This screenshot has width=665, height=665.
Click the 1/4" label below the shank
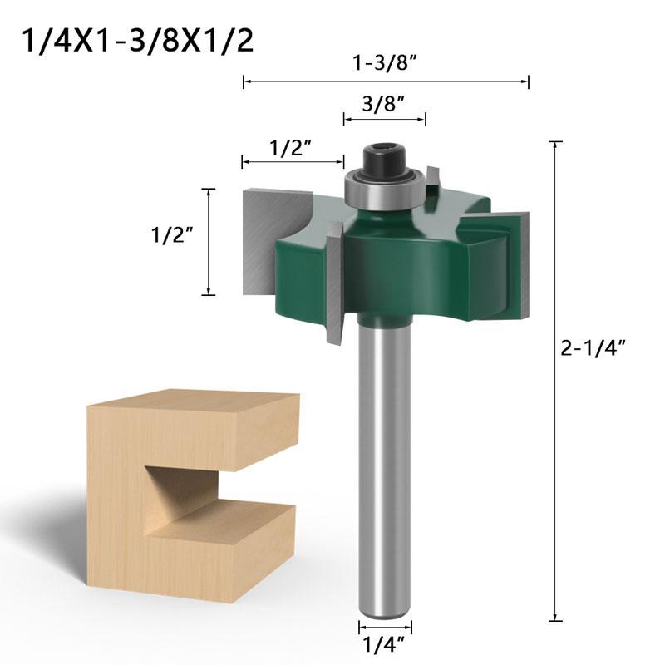click(384, 642)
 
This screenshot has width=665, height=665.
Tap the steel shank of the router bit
click(385, 465)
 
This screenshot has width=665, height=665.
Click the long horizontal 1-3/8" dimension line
click(385, 81)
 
